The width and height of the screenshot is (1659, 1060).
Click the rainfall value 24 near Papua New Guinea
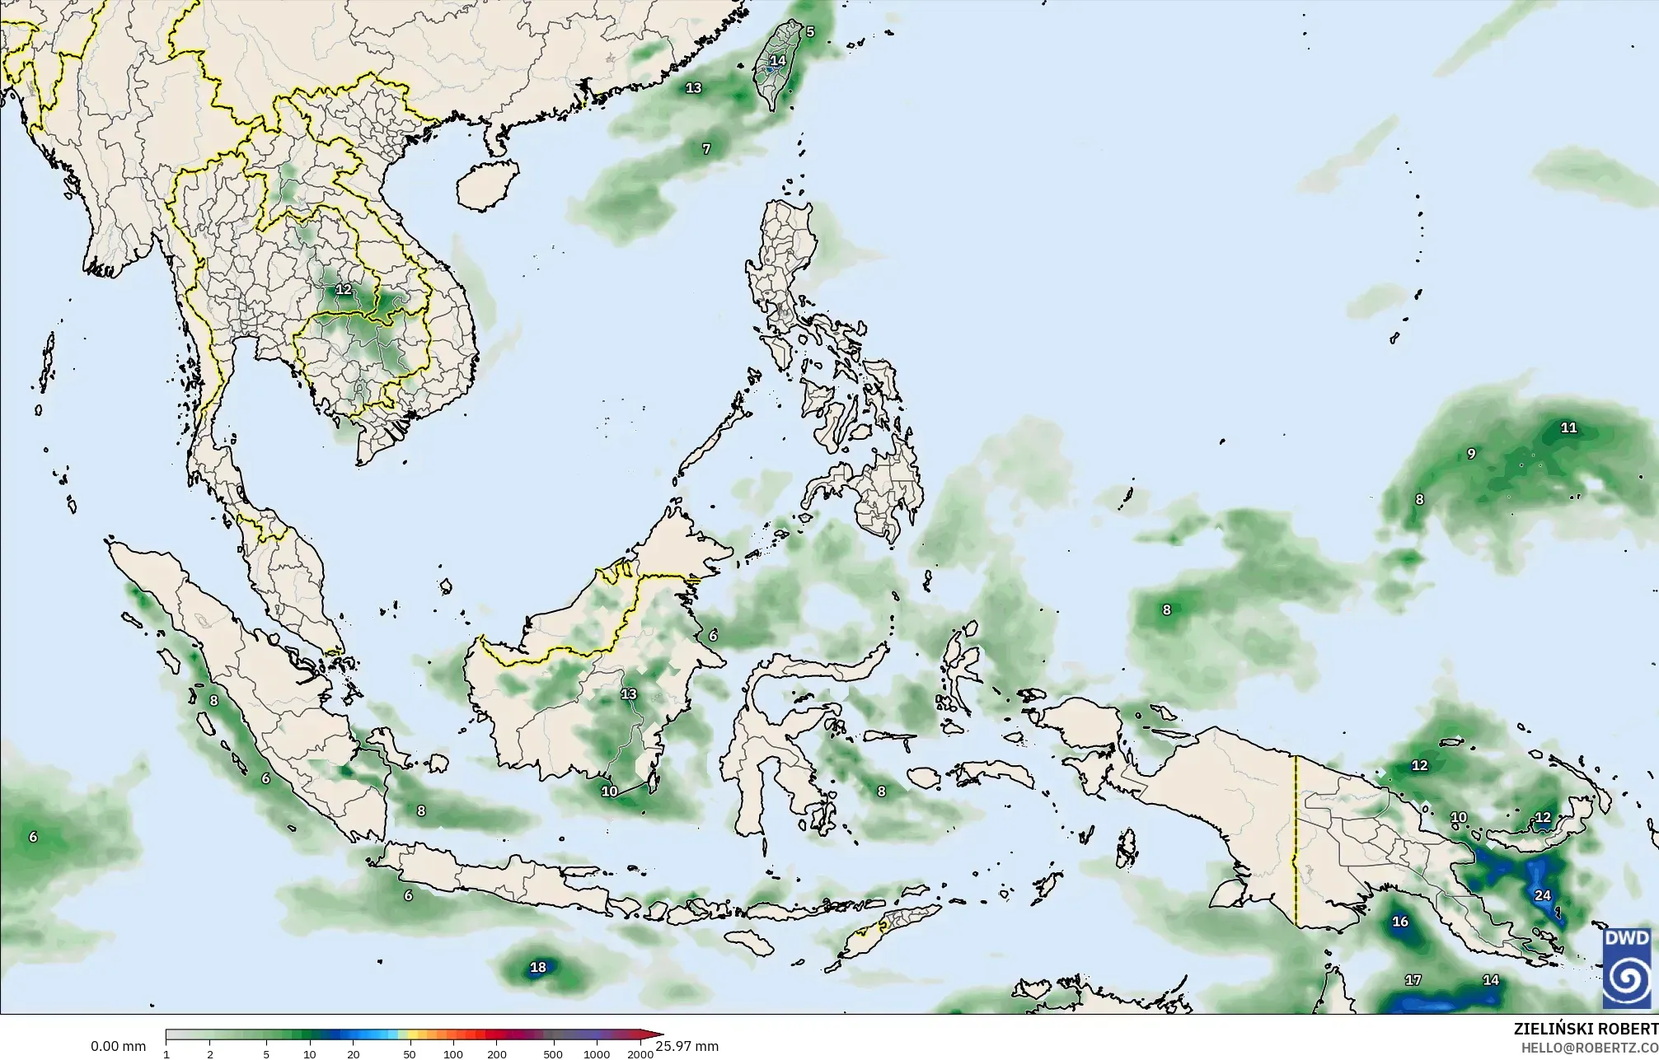1542,895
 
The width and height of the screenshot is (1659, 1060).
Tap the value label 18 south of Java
538,967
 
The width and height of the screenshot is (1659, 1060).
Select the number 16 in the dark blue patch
1400,922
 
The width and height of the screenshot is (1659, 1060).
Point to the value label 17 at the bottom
1413,980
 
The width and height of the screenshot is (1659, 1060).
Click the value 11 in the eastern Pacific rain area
1569,427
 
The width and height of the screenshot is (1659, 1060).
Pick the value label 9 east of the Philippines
1471,454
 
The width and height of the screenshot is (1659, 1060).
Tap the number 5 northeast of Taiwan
810,32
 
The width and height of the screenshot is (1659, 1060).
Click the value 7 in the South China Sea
706,149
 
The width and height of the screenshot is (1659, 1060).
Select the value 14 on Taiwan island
778,61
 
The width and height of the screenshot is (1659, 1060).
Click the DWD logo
1627,968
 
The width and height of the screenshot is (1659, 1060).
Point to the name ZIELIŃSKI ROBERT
1586,1029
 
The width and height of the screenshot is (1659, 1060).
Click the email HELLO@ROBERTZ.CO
1589,1048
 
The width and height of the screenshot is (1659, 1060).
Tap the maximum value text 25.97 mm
687,1046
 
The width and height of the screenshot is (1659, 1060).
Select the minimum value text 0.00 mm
118,1046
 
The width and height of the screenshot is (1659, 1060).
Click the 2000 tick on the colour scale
640,1054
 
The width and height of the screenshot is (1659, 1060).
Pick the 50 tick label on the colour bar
410,1054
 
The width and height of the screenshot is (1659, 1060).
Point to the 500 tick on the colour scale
553,1054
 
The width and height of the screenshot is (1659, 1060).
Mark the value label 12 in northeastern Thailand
344,290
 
